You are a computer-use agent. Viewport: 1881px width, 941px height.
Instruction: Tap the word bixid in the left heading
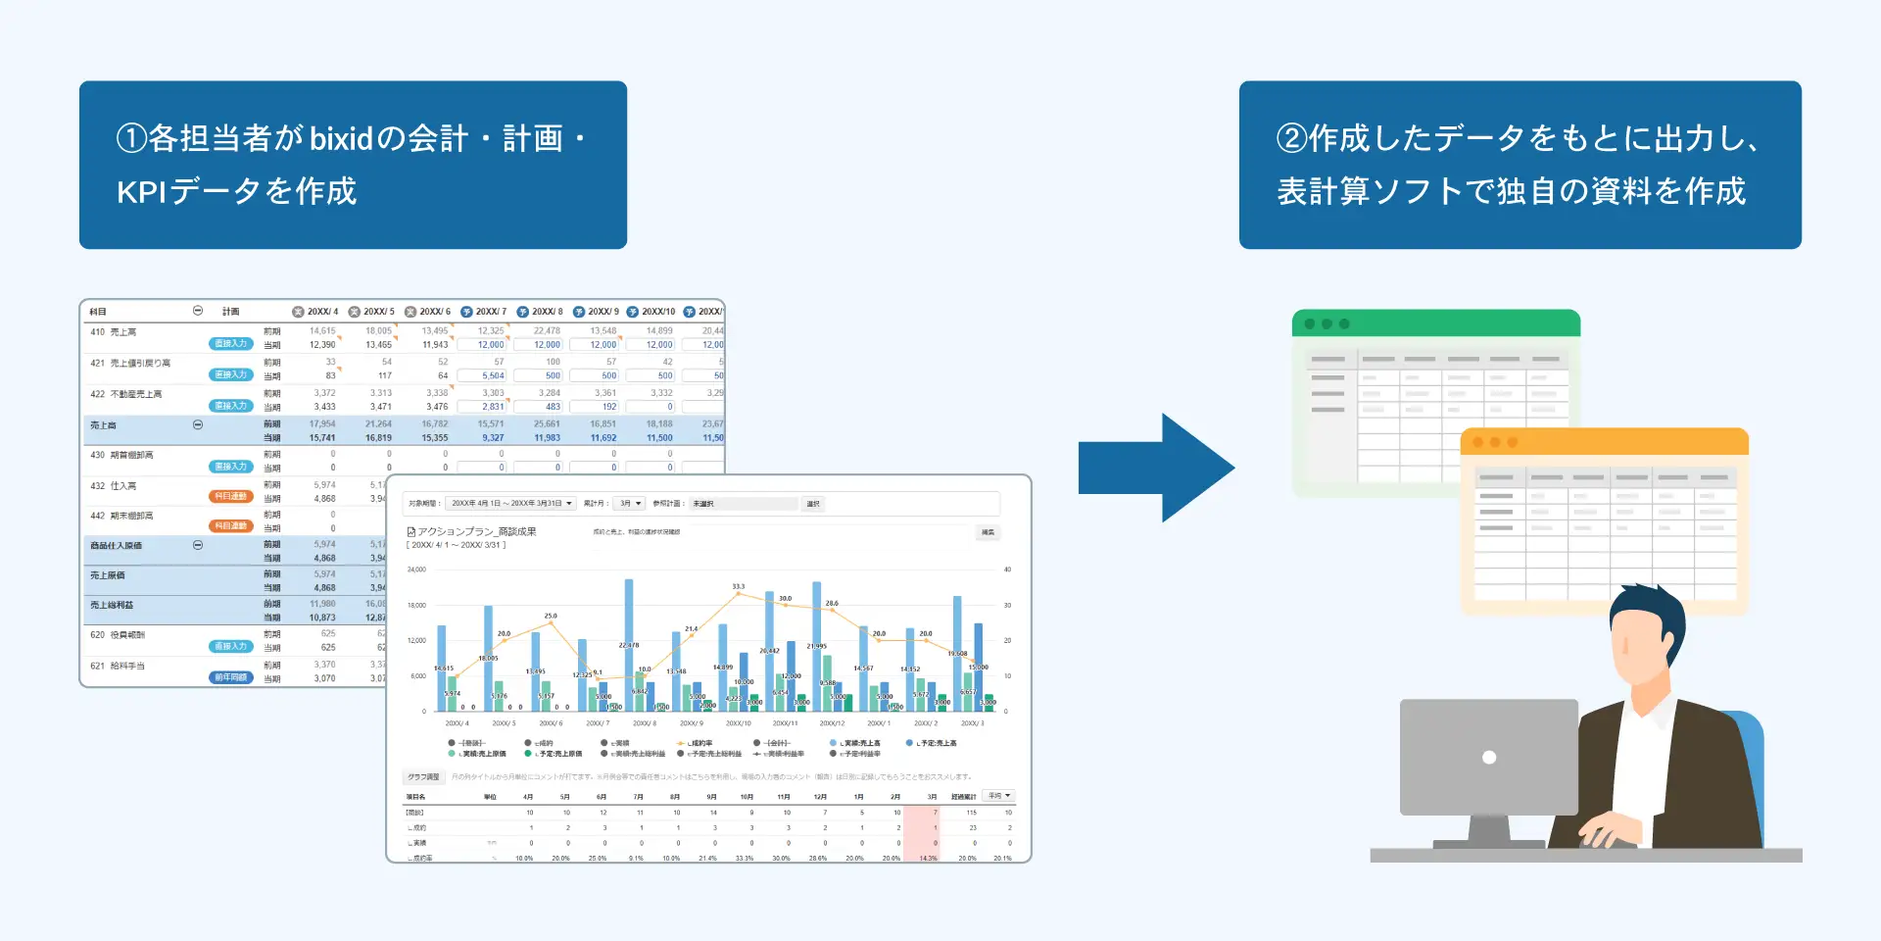tap(342, 139)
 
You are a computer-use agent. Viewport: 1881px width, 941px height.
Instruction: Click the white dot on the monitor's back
tap(1489, 757)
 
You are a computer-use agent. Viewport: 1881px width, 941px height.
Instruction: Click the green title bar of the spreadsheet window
tap(1435, 323)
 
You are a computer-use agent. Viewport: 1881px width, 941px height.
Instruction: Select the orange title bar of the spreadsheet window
tap(1604, 442)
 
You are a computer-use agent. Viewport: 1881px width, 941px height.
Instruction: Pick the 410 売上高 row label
tap(114, 332)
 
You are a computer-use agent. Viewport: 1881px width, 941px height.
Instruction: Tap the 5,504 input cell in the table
tap(492, 375)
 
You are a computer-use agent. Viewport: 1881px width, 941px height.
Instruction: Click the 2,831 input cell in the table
tap(492, 407)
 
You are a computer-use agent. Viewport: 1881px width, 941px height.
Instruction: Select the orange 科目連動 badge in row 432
tap(231, 497)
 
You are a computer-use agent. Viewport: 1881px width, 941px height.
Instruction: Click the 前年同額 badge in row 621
tap(231, 677)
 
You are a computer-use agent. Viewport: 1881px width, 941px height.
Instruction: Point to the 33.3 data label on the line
tap(738, 586)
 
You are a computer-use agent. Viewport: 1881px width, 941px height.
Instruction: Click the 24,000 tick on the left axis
tap(416, 570)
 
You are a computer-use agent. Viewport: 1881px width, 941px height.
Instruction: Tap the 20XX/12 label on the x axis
tap(832, 723)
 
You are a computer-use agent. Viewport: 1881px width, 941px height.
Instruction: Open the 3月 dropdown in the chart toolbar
tap(629, 504)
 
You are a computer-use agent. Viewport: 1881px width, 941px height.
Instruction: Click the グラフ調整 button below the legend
tap(423, 777)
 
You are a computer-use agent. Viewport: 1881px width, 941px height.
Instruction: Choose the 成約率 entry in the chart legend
tap(699, 743)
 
